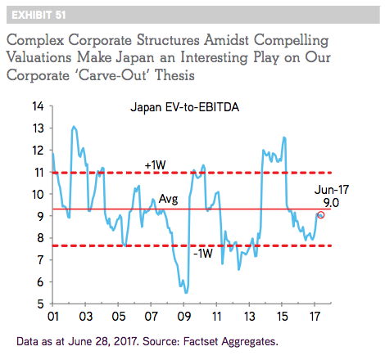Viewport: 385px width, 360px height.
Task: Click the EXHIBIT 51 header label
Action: [38, 15]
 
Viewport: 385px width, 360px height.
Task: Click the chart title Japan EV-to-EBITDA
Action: [185, 107]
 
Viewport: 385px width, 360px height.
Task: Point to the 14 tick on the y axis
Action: [38, 106]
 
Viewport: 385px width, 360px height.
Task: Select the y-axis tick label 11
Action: [38, 173]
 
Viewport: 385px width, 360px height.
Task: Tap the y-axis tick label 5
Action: [40, 304]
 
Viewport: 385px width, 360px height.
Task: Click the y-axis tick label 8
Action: [40, 238]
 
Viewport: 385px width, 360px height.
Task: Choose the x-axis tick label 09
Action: [183, 317]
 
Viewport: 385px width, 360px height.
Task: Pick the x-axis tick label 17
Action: [315, 317]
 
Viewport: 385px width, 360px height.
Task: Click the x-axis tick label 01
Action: [53, 317]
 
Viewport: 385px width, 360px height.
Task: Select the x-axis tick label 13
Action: [249, 317]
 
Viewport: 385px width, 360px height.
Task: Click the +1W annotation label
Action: [155, 165]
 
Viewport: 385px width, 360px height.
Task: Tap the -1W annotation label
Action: [203, 254]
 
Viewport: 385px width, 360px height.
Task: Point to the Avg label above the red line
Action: [168, 199]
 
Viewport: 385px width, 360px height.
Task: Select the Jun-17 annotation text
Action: [332, 190]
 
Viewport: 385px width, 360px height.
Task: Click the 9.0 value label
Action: [331, 203]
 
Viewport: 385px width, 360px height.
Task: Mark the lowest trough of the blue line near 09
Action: [186, 293]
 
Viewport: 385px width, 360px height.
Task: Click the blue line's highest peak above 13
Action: [74, 126]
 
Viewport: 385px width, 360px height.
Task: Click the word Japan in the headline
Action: [135, 58]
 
